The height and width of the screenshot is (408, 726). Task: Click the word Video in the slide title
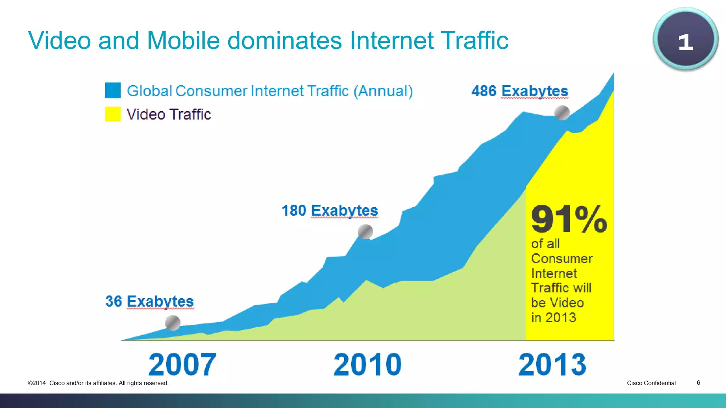[x=60, y=40]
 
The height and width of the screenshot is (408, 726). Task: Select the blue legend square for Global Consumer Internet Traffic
[x=113, y=90]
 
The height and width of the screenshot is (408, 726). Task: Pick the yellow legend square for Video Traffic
[x=113, y=114]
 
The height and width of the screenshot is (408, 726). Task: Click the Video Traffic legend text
[x=169, y=114]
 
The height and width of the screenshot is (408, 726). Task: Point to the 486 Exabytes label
[x=519, y=91]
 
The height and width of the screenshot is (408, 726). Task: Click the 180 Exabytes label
[x=330, y=210]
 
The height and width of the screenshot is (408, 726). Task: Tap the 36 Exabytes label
[x=149, y=301]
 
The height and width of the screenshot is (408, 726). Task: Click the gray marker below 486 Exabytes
[x=562, y=113]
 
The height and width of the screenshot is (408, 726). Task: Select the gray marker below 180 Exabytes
[x=365, y=232]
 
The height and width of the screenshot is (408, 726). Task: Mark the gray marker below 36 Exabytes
[x=173, y=323]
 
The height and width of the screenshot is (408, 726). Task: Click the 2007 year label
[x=182, y=364]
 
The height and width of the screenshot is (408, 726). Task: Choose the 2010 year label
[x=368, y=364]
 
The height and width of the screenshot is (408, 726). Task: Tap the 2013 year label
[x=552, y=364]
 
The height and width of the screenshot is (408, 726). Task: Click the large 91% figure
[x=569, y=220]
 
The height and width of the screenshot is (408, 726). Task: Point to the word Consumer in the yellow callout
[x=562, y=259]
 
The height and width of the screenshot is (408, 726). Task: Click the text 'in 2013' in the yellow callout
[x=553, y=318]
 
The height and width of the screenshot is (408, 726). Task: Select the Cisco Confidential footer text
[x=651, y=383]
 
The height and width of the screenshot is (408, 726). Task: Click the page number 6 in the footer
[x=698, y=382]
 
